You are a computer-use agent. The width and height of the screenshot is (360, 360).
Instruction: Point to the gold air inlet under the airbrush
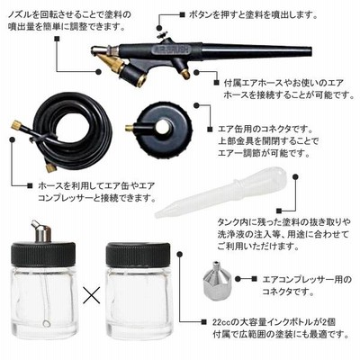click(x=186, y=74)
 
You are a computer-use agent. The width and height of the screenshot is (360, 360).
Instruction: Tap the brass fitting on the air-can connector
click(x=130, y=128)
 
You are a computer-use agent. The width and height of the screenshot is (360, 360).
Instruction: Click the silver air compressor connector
click(x=215, y=278)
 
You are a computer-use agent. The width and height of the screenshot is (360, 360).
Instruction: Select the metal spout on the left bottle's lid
click(x=41, y=231)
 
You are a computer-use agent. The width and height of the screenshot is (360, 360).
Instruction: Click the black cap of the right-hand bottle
click(x=138, y=256)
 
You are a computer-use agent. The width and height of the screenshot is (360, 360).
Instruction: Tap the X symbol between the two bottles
click(x=91, y=294)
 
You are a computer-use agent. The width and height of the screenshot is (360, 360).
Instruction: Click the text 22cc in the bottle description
click(x=223, y=322)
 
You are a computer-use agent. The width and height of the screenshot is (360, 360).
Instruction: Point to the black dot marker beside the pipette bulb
click(x=295, y=176)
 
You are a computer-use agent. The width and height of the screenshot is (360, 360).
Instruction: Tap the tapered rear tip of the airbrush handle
click(x=309, y=50)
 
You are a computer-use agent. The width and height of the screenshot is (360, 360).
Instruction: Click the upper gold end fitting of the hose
click(x=17, y=125)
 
